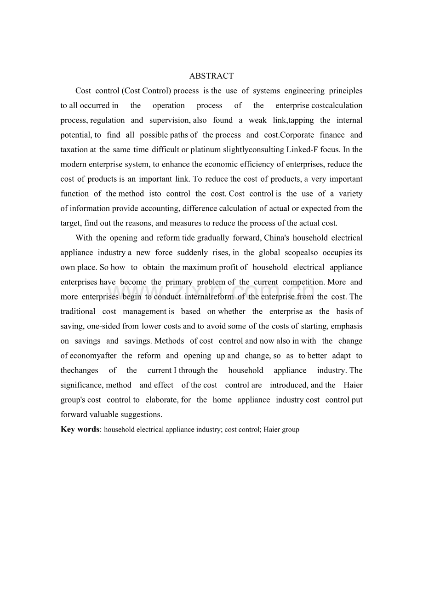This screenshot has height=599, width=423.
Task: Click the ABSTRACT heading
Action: (211, 76)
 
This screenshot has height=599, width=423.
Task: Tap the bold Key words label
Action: (80, 429)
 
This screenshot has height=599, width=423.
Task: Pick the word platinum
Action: (206, 150)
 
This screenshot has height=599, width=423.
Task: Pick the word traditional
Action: (78, 311)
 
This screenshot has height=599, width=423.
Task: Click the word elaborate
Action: (161, 400)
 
